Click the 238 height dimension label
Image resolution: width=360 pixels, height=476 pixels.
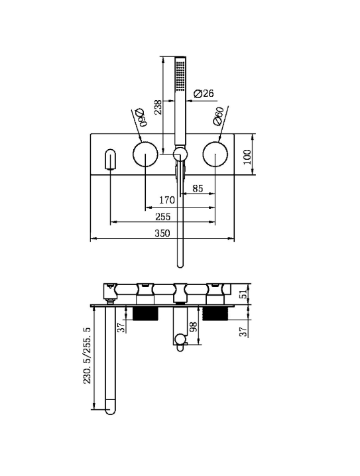tap(158, 107)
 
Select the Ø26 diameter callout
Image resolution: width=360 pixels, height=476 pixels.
tap(204, 93)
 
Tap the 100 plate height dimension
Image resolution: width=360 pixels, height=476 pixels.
tap(247, 156)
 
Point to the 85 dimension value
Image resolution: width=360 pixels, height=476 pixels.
tap(198, 188)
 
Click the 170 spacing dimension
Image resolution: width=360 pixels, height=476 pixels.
tap(167, 200)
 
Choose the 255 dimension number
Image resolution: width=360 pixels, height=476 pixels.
tap(163, 217)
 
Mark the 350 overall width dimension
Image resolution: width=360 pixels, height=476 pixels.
tap(162, 233)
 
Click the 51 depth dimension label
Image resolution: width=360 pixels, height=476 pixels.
tap(244, 294)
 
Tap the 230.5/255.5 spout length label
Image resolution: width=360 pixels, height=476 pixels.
tap(88, 355)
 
